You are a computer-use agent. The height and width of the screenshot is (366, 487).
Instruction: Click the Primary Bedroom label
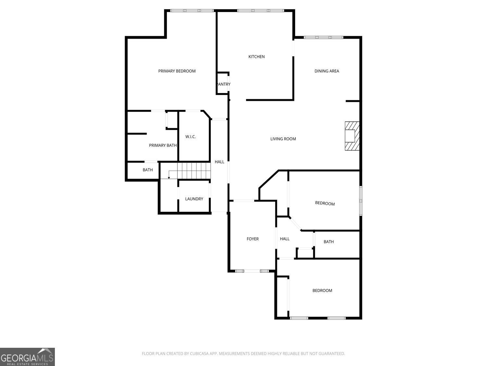[x=177, y=71]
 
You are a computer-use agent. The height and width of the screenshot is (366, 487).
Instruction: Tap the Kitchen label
[x=256, y=57]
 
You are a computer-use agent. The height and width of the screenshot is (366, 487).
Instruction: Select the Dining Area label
[x=327, y=71]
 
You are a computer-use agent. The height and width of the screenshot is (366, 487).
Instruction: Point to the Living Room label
[x=283, y=139]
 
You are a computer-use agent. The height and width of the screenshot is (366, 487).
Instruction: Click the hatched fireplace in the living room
[x=352, y=136]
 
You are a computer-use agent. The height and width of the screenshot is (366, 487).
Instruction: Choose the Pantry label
[x=224, y=84]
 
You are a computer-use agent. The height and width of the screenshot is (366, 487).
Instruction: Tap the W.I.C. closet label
[x=191, y=137]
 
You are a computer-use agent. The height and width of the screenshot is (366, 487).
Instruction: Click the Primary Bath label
[x=163, y=145]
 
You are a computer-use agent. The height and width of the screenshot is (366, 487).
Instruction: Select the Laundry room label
[x=194, y=199]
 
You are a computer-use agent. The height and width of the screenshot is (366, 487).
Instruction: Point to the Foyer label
[x=253, y=239]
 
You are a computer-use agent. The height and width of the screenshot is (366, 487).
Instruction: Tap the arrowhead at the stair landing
[x=169, y=178]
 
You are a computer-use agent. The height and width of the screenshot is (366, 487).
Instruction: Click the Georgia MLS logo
[x=27, y=357]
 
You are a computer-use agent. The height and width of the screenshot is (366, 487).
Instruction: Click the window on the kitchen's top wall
[x=260, y=10]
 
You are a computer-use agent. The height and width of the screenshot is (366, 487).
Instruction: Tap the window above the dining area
[x=323, y=37]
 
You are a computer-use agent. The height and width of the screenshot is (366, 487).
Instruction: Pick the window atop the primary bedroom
[x=192, y=10]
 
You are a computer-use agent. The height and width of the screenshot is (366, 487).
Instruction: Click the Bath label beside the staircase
[x=147, y=170]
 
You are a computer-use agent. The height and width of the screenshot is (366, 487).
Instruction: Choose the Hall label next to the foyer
[x=285, y=239]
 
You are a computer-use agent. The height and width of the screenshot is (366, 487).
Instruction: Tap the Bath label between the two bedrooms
[x=329, y=242]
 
